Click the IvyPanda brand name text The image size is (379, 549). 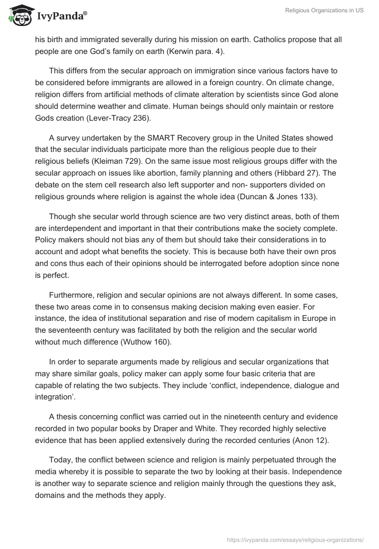(x=62, y=17)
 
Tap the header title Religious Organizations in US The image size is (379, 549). (x=325, y=11)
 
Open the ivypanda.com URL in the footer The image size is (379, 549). (x=295, y=539)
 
